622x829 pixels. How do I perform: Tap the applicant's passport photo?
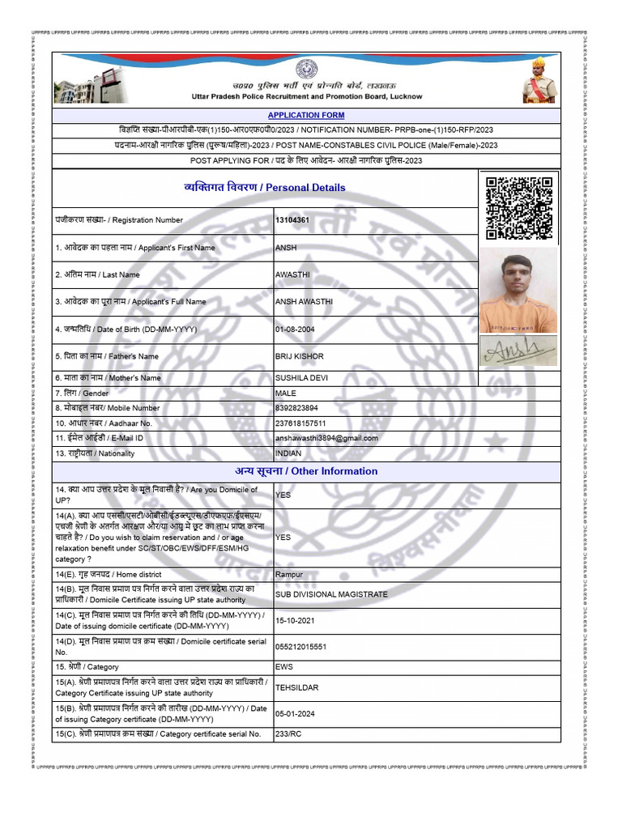518,290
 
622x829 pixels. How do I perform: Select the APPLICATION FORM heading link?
306,116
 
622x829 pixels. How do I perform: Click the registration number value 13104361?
292,220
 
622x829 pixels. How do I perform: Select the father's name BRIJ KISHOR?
300,356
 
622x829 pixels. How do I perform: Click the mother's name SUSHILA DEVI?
302,378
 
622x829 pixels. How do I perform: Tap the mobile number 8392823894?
297,408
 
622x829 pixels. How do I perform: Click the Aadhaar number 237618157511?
301,423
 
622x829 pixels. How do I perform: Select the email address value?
327,438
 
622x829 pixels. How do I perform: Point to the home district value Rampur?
289,574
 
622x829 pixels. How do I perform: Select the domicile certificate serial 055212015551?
301,647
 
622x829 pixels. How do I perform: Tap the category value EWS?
284,667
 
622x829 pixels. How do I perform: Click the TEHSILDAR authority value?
297,687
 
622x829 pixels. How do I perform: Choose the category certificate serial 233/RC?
289,733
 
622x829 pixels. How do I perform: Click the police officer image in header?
539,79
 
